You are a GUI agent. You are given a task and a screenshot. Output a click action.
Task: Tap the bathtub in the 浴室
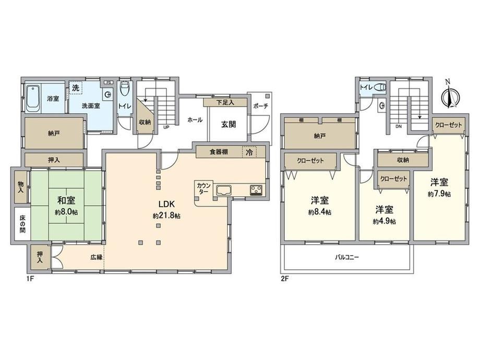click(x=32, y=98)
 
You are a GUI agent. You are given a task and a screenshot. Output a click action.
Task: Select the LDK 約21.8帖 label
click(x=166, y=210)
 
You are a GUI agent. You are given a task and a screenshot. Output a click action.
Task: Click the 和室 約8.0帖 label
click(x=66, y=206)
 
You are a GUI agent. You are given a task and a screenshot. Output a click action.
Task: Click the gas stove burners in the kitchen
click(x=256, y=190)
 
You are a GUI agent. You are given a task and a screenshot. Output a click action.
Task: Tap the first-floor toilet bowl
click(x=125, y=89)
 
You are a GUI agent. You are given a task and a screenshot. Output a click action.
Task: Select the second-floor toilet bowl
click(x=380, y=88)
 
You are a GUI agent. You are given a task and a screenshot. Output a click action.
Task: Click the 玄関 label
click(x=229, y=124)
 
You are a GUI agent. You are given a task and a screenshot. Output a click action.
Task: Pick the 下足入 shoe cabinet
click(x=225, y=102)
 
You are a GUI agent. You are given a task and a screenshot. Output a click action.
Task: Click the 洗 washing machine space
click(x=76, y=88)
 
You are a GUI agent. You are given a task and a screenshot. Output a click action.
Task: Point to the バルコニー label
click(x=346, y=257)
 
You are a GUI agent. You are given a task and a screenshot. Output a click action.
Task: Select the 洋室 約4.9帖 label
click(x=385, y=215)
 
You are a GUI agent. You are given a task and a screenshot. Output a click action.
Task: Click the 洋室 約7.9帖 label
click(x=439, y=188)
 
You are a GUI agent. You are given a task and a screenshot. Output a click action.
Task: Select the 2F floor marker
click(x=285, y=279)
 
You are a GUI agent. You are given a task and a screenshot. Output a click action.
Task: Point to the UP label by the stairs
click(x=166, y=127)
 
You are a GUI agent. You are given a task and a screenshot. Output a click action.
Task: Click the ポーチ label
click(x=260, y=106)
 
